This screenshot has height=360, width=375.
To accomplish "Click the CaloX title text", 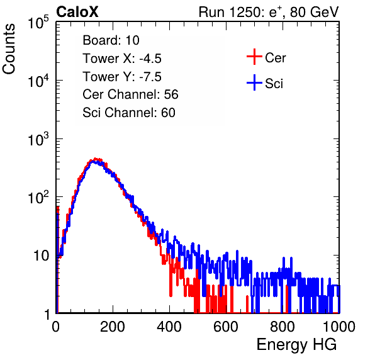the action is click(x=77, y=12).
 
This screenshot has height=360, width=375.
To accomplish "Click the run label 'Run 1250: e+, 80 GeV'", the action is click(x=269, y=12).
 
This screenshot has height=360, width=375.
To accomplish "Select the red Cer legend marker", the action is click(x=254, y=57).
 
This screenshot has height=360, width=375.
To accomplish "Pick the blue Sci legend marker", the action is click(x=254, y=82).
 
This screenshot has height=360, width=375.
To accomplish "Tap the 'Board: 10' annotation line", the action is click(x=111, y=40).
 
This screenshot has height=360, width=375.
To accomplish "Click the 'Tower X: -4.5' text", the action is click(x=122, y=59).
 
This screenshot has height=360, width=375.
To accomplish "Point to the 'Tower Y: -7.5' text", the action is click(x=122, y=77).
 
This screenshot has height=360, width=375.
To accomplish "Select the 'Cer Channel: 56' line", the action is click(x=130, y=94).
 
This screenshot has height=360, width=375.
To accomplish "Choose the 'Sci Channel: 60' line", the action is click(x=128, y=113).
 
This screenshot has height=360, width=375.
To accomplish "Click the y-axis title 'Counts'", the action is click(x=9, y=49).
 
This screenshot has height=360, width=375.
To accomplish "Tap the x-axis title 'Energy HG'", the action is click(x=296, y=344).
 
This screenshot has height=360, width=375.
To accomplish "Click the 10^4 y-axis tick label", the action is click(x=38, y=81).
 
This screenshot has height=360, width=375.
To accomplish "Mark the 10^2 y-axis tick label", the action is click(x=38, y=197).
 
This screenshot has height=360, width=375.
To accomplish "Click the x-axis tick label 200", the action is click(x=113, y=327).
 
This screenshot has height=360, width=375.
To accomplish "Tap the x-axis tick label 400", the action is click(x=169, y=327).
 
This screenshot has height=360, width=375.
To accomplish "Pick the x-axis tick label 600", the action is click(x=226, y=327).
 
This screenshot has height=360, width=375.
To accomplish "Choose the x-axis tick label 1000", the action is click(x=339, y=327).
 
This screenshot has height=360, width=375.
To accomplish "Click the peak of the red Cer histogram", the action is click(x=96, y=159).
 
